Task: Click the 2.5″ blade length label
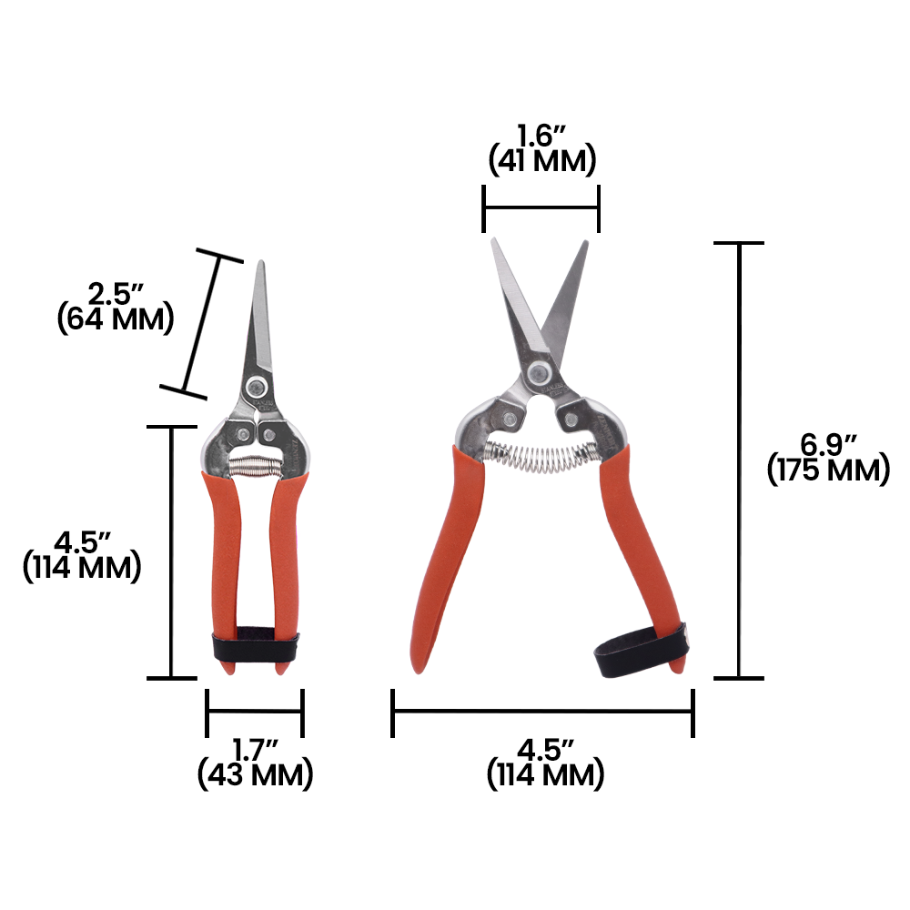(x=116, y=294)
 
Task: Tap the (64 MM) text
(x=115, y=319)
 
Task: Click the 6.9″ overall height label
(x=828, y=445)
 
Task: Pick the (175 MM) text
(x=828, y=470)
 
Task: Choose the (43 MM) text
(x=255, y=775)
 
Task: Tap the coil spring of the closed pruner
(x=255, y=465)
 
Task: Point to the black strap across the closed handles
(x=255, y=648)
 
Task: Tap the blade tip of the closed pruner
(x=261, y=267)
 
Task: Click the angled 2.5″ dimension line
(x=202, y=326)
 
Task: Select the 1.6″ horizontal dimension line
(x=541, y=208)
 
